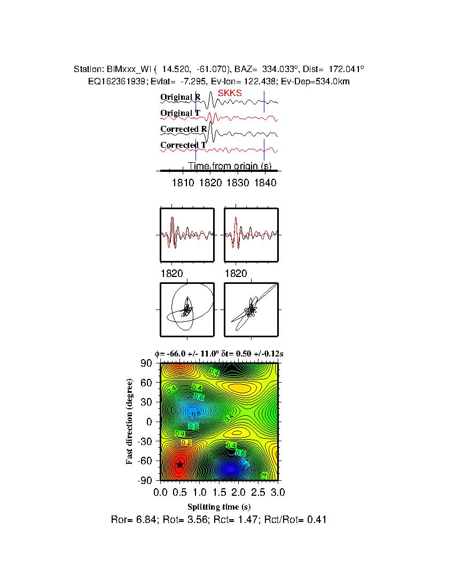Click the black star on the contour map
click(x=180, y=464)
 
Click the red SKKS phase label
click(x=230, y=93)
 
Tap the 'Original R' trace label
click(x=181, y=97)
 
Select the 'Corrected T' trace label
click(x=183, y=145)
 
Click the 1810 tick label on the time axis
click(x=183, y=183)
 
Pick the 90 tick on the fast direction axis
click(x=147, y=363)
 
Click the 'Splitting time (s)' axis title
click(x=219, y=506)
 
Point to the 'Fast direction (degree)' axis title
click(x=130, y=422)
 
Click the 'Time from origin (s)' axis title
click(x=230, y=166)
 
